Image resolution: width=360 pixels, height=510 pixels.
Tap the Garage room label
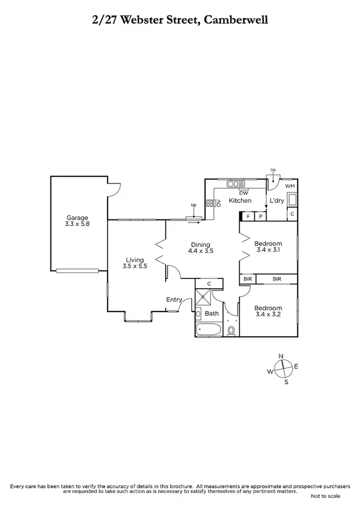click(78, 221)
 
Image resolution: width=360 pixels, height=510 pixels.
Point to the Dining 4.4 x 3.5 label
click(201, 248)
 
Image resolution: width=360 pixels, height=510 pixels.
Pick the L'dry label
click(276, 200)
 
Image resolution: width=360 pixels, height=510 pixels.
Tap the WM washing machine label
click(290, 186)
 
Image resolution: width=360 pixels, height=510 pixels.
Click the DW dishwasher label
click(243, 193)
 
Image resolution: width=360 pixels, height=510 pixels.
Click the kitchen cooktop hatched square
click(210, 203)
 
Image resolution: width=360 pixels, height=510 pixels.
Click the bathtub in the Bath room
click(207, 329)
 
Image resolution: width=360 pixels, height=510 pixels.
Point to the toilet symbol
click(231, 330)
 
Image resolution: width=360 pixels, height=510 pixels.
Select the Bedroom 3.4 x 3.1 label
click(269, 247)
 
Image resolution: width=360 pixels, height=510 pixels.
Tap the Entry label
click(174, 300)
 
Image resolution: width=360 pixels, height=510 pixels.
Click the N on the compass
click(281, 356)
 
